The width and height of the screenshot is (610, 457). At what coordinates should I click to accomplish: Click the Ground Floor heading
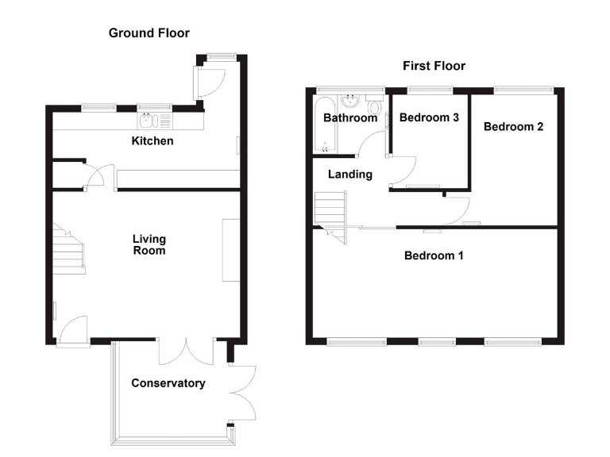149,33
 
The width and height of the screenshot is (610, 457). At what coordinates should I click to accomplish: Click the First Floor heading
433,66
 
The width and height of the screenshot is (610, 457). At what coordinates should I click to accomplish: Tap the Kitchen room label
152,141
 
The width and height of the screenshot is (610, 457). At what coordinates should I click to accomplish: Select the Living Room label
149,244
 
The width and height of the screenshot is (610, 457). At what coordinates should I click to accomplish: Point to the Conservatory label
168,383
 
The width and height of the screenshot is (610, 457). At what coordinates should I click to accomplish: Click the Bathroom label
349,118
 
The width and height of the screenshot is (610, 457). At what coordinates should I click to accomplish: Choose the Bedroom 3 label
429,117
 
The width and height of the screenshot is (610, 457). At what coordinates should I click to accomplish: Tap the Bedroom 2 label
513,126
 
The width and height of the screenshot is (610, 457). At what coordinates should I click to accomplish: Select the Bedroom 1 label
434,255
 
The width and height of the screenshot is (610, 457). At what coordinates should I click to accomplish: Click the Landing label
350,174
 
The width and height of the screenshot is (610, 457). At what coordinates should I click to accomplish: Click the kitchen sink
149,121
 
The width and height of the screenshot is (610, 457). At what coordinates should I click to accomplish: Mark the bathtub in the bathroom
323,125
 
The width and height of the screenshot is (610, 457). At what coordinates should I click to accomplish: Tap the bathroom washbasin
350,102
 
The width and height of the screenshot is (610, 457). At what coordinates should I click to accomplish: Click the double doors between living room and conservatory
186,351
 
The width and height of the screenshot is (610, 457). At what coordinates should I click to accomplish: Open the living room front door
73,332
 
